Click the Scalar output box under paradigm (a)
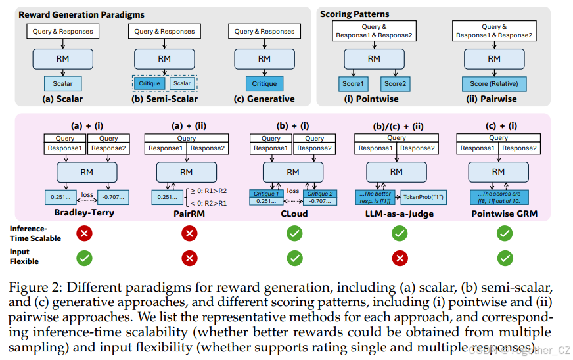[x=63, y=83]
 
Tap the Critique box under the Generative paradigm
[x=264, y=83]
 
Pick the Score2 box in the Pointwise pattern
[x=396, y=83]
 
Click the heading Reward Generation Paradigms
[x=81, y=14]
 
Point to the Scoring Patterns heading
[x=354, y=14]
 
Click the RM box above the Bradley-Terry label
[x=84, y=172]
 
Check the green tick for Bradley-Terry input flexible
[x=84, y=258]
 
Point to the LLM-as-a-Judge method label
[x=396, y=213]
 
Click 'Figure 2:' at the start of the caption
[x=32, y=288]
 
